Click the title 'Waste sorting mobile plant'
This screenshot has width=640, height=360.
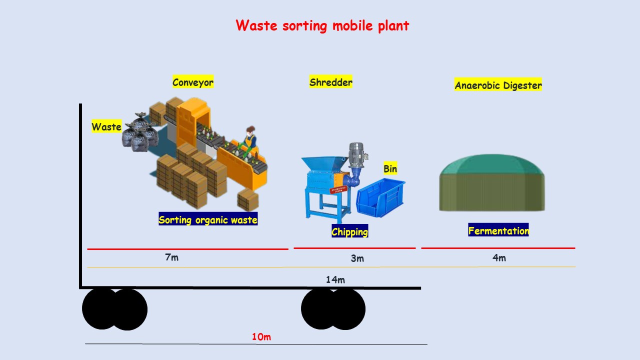point(322,25)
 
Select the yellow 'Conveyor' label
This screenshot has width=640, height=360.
point(193,82)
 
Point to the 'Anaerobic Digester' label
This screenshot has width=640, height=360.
point(498,84)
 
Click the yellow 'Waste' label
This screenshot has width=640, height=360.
point(106,126)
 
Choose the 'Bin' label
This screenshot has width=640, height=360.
point(390,168)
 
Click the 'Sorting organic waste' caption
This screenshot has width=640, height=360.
point(208,219)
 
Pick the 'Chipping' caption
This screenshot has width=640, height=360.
point(349,231)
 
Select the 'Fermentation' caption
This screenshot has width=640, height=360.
point(498,230)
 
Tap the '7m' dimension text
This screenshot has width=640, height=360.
point(171,257)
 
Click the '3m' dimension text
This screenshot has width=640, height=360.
point(357,258)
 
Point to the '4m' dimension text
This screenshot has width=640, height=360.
point(499,257)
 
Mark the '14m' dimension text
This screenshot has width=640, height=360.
point(335,279)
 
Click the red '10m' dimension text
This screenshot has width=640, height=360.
point(261,336)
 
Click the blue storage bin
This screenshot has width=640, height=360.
point(380,197)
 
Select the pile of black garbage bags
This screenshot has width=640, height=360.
point(140,132)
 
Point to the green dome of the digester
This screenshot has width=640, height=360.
point(492,164)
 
